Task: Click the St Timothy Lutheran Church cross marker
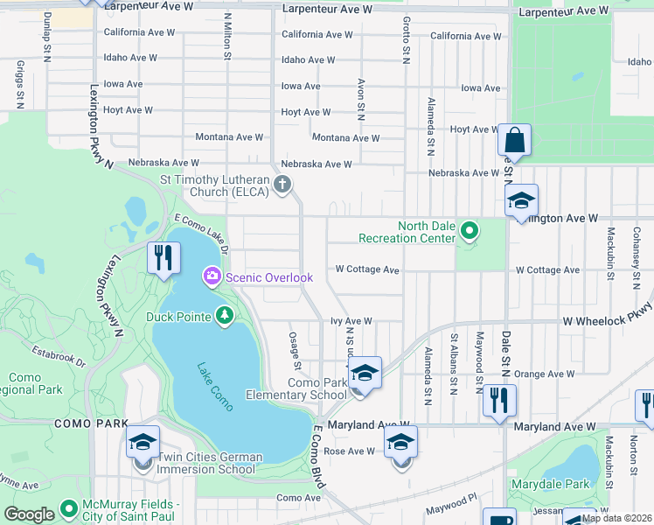(282, 184)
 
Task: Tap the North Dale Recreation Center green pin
(470, 232)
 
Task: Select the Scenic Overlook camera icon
(212, 277)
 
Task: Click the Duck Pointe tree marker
(225, 313)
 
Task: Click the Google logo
(29, 514)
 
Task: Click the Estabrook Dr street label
(59, 357)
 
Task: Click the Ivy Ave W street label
(351, 321)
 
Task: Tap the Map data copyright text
(616, 518)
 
